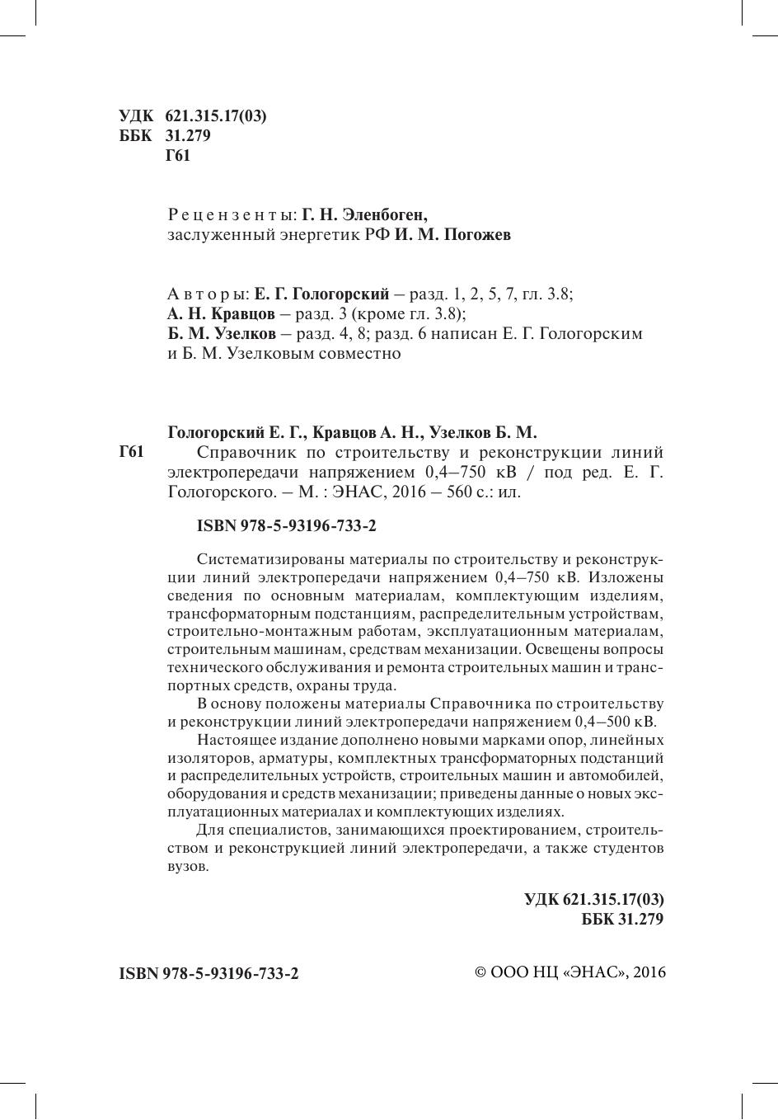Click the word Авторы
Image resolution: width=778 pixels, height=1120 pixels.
(x=207, y=294)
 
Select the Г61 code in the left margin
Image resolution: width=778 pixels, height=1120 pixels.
(x=132, y=452)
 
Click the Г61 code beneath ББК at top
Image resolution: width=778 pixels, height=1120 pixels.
(x=178, y=156)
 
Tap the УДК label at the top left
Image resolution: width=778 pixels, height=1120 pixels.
(x=136, y=116)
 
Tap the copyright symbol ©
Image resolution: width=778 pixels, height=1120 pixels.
(x=482, y=972)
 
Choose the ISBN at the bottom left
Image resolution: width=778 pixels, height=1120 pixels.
(x=209, y=973)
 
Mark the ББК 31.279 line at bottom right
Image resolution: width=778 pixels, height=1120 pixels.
(x=622, y=920)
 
